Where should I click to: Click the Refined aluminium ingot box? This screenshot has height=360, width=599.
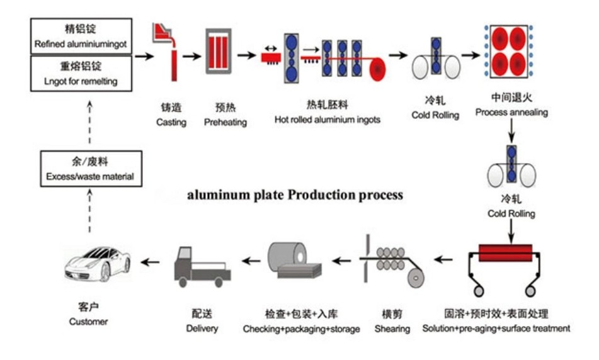tap(81, 36)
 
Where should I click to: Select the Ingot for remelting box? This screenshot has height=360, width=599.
tap(81, 72)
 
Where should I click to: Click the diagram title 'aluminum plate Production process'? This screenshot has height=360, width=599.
tap(295, 194)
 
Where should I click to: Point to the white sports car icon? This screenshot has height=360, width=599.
tap(98, 264)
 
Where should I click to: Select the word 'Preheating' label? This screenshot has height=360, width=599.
tap(225, 122)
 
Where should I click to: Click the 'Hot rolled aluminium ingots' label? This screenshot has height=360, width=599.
tap(327, 119)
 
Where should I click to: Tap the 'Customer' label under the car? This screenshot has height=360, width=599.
tap(88, 322)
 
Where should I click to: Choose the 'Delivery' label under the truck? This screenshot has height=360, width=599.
tap(202, 328)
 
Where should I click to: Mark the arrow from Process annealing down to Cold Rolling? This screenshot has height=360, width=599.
tap(511, 130)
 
